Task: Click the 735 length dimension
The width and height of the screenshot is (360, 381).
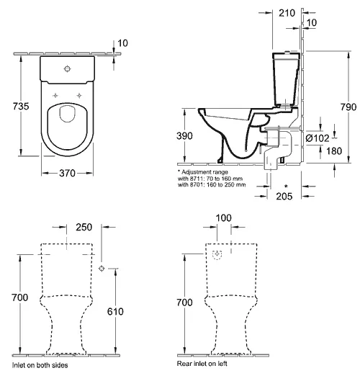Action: pyautogui.click(x=21, y=106)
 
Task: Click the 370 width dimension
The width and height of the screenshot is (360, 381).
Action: pyautogui.click(x=67, y=174)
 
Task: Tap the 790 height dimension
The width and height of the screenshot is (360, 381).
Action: pyautogui.click(x=348, y=107)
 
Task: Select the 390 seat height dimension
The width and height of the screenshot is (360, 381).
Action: pyautogui.click(x=184, y=136)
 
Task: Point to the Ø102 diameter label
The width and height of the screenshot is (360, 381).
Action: pyautogui.click(x=318, y=138)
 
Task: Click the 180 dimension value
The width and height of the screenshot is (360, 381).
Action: pyautogui.click(x=334, y=151)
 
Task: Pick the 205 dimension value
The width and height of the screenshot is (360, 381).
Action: pyautogui.click(x=284, y=197)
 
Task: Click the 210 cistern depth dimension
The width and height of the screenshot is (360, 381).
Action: pyautogui.click(x=287, y=13)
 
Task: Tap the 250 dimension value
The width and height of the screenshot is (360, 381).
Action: pyautogui.click(x=84, y=227)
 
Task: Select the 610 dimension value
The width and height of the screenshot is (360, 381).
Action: pyautogui.click(x=115, y=312)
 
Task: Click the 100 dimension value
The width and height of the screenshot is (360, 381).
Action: pyautogui.click(x=224, y=218)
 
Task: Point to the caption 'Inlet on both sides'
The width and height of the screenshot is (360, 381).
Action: pyautogui.click(x=40, y=365)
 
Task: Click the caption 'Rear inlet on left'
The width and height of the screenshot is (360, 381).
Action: pyautogui.click(x=202, y=364)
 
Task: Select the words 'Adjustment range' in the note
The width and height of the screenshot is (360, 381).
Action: pyautogui.click(x=204, y=172)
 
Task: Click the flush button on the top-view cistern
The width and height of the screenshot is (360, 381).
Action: pyautogui.click(x=67, y=68)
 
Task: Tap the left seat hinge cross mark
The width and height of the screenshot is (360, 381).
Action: pyautogui.click(x=55, y=96)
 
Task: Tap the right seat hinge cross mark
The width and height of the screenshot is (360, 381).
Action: pyautogui.click(x=79, y=96)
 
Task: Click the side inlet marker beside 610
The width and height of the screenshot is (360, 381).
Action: pyautogui.click(x=102, y=269)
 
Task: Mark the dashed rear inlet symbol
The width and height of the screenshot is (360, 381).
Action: pyautogui.click(x=217, y=254)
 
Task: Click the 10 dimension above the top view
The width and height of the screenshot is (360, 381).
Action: pyautogui.click(x=122, y=43)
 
